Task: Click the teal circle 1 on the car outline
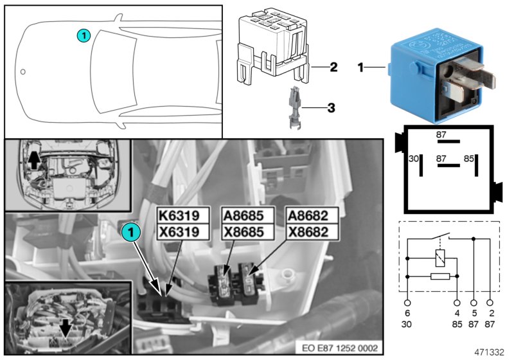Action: pos(84,36)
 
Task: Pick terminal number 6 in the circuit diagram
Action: pos(407,314)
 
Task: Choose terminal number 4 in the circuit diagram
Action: pos(456,314)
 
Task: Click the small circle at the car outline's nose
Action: pos(23,71)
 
